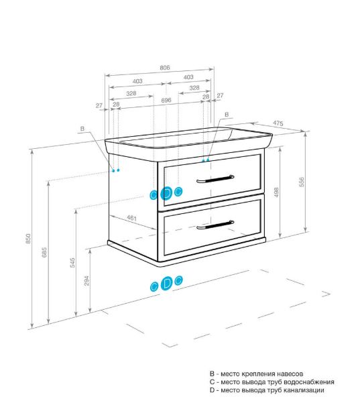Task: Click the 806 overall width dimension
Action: tap(165, 68)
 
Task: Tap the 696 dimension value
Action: tap(166, 100)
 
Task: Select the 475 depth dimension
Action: tap(278, 123)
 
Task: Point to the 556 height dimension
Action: tap(302, 182)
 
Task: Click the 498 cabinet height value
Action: tap(276, 192)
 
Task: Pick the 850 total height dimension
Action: tap(28, 239)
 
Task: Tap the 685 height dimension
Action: tap(44, 252)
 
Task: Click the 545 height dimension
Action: tap(72, 262)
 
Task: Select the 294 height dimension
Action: tap(86, 281)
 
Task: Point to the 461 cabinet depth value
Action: tap(131, 218)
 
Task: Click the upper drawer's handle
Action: tap(215, 178)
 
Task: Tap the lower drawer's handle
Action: tap(215, 225)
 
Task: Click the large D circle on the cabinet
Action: tap(166, 193)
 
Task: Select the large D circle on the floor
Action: tap(166, 284)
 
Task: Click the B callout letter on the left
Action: tap(82, 129)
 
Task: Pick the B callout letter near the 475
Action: tap(227, 115)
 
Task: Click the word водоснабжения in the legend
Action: tap(309, 382)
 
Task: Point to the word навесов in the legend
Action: tap(290, 373)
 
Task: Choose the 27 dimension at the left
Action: tap(99, 105)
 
